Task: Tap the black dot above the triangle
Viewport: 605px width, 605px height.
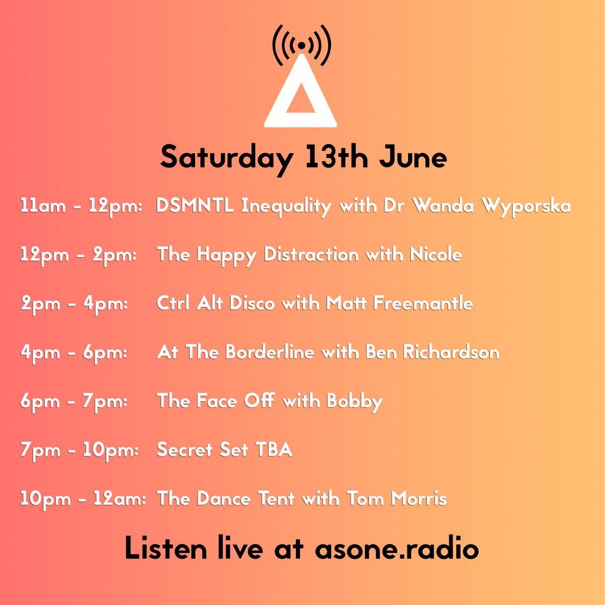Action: click(301, 45)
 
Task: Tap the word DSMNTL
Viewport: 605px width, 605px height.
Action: click(195, 206)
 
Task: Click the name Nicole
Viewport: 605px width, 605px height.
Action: click(436, 255)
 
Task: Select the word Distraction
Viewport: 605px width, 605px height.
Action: click(312, 255)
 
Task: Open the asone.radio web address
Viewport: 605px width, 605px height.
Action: click(396, 549)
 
